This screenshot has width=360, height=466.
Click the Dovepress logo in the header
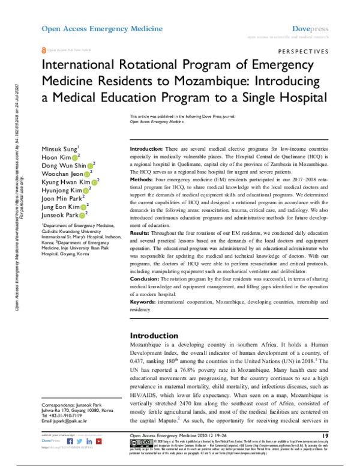(309, 28)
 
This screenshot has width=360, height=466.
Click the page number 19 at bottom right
(325, 435)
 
